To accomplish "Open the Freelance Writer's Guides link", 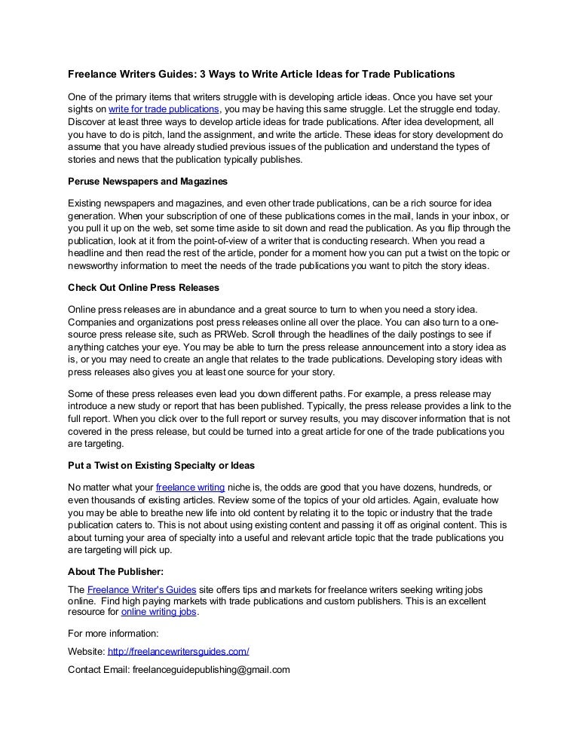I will [142, 589].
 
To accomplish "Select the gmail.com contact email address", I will [211, 669].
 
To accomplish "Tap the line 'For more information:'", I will [113, 633].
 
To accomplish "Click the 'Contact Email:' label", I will [98, 669].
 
